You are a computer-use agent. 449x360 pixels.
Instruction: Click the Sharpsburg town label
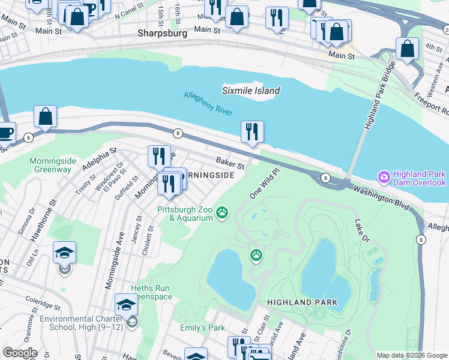tap(162, 34)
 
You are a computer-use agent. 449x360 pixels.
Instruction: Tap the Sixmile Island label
tap(251, 91)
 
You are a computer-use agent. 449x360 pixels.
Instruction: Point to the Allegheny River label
tap(208, 103)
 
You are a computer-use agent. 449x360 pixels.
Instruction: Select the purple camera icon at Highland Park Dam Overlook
tap(383, 178)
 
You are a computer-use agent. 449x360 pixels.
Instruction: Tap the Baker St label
tap(231, 163)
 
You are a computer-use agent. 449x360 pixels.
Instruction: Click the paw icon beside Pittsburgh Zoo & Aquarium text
tap(223, 212)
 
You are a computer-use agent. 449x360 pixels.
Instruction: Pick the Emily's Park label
tap(202, 328)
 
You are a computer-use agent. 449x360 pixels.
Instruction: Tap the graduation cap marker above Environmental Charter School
tap(127, 305)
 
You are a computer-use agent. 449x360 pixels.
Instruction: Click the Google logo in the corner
tap(20, 353)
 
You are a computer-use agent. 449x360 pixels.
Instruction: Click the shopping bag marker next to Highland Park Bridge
tap(407, 49)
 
